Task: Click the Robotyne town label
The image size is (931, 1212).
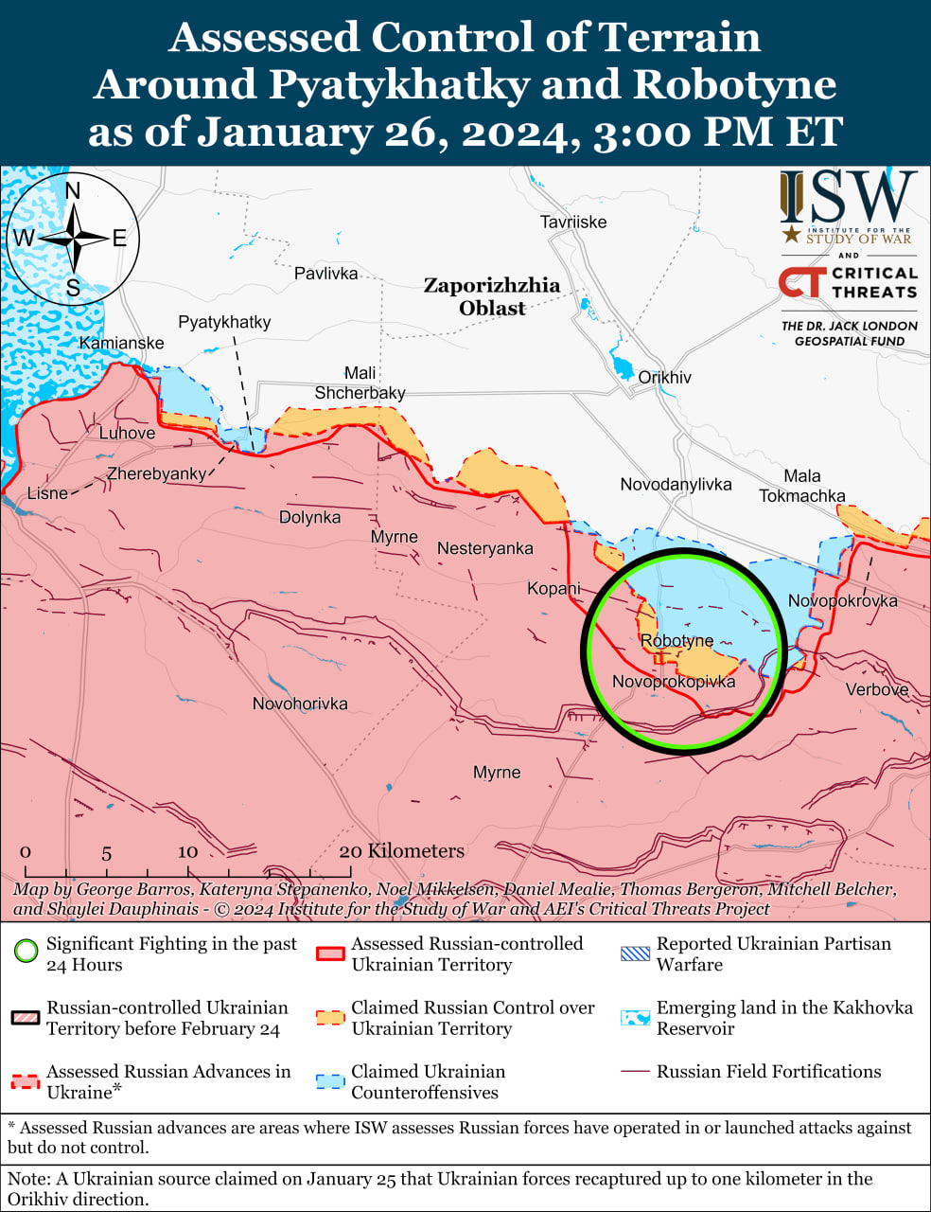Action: pos(676,641)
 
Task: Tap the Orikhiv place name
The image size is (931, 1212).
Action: pos(664,378)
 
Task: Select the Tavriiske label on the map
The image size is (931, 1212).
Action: pos(573,223)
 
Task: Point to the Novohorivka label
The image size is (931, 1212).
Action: pos(300,704)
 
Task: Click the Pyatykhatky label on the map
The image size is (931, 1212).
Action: pos(224,322)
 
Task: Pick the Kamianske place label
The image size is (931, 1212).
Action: pos(121,343)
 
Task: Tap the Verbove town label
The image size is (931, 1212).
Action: pos(877,689)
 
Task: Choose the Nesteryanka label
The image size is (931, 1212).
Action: pos(484,548)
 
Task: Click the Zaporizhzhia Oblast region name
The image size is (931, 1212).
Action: pos(491,296)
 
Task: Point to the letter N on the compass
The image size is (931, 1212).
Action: pos(73,190)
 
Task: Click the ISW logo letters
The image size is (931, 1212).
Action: pos(848,198)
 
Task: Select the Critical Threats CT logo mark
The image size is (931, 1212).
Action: pos(800,282)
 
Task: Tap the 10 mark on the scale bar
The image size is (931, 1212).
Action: pos(187,851)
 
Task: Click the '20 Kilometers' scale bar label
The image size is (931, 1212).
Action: pos(402,850)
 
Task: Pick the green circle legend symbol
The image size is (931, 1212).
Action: pos(27,951)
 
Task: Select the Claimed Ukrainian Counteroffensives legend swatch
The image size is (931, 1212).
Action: pos(330,1081)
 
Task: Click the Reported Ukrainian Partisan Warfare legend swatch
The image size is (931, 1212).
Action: pos(635,954)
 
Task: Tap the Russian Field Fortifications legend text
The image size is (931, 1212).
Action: pos(768,1072)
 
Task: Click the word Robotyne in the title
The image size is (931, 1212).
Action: pos(734,84)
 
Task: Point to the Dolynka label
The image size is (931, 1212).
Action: pos(309,518)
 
